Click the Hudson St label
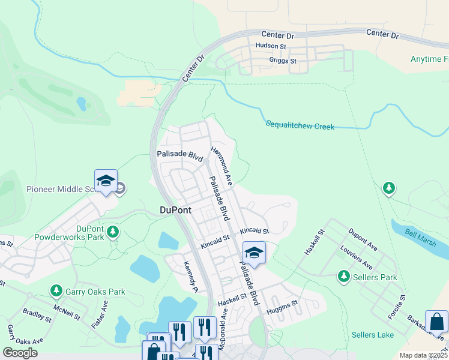[271, 46]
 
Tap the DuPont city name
[175, 210]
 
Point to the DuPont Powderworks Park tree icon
[112, 232]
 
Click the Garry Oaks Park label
[95, 292]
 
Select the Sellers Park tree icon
[344, 277]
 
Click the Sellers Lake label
[372, 334]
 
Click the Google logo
[20, 352]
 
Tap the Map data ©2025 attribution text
[423, 355]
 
